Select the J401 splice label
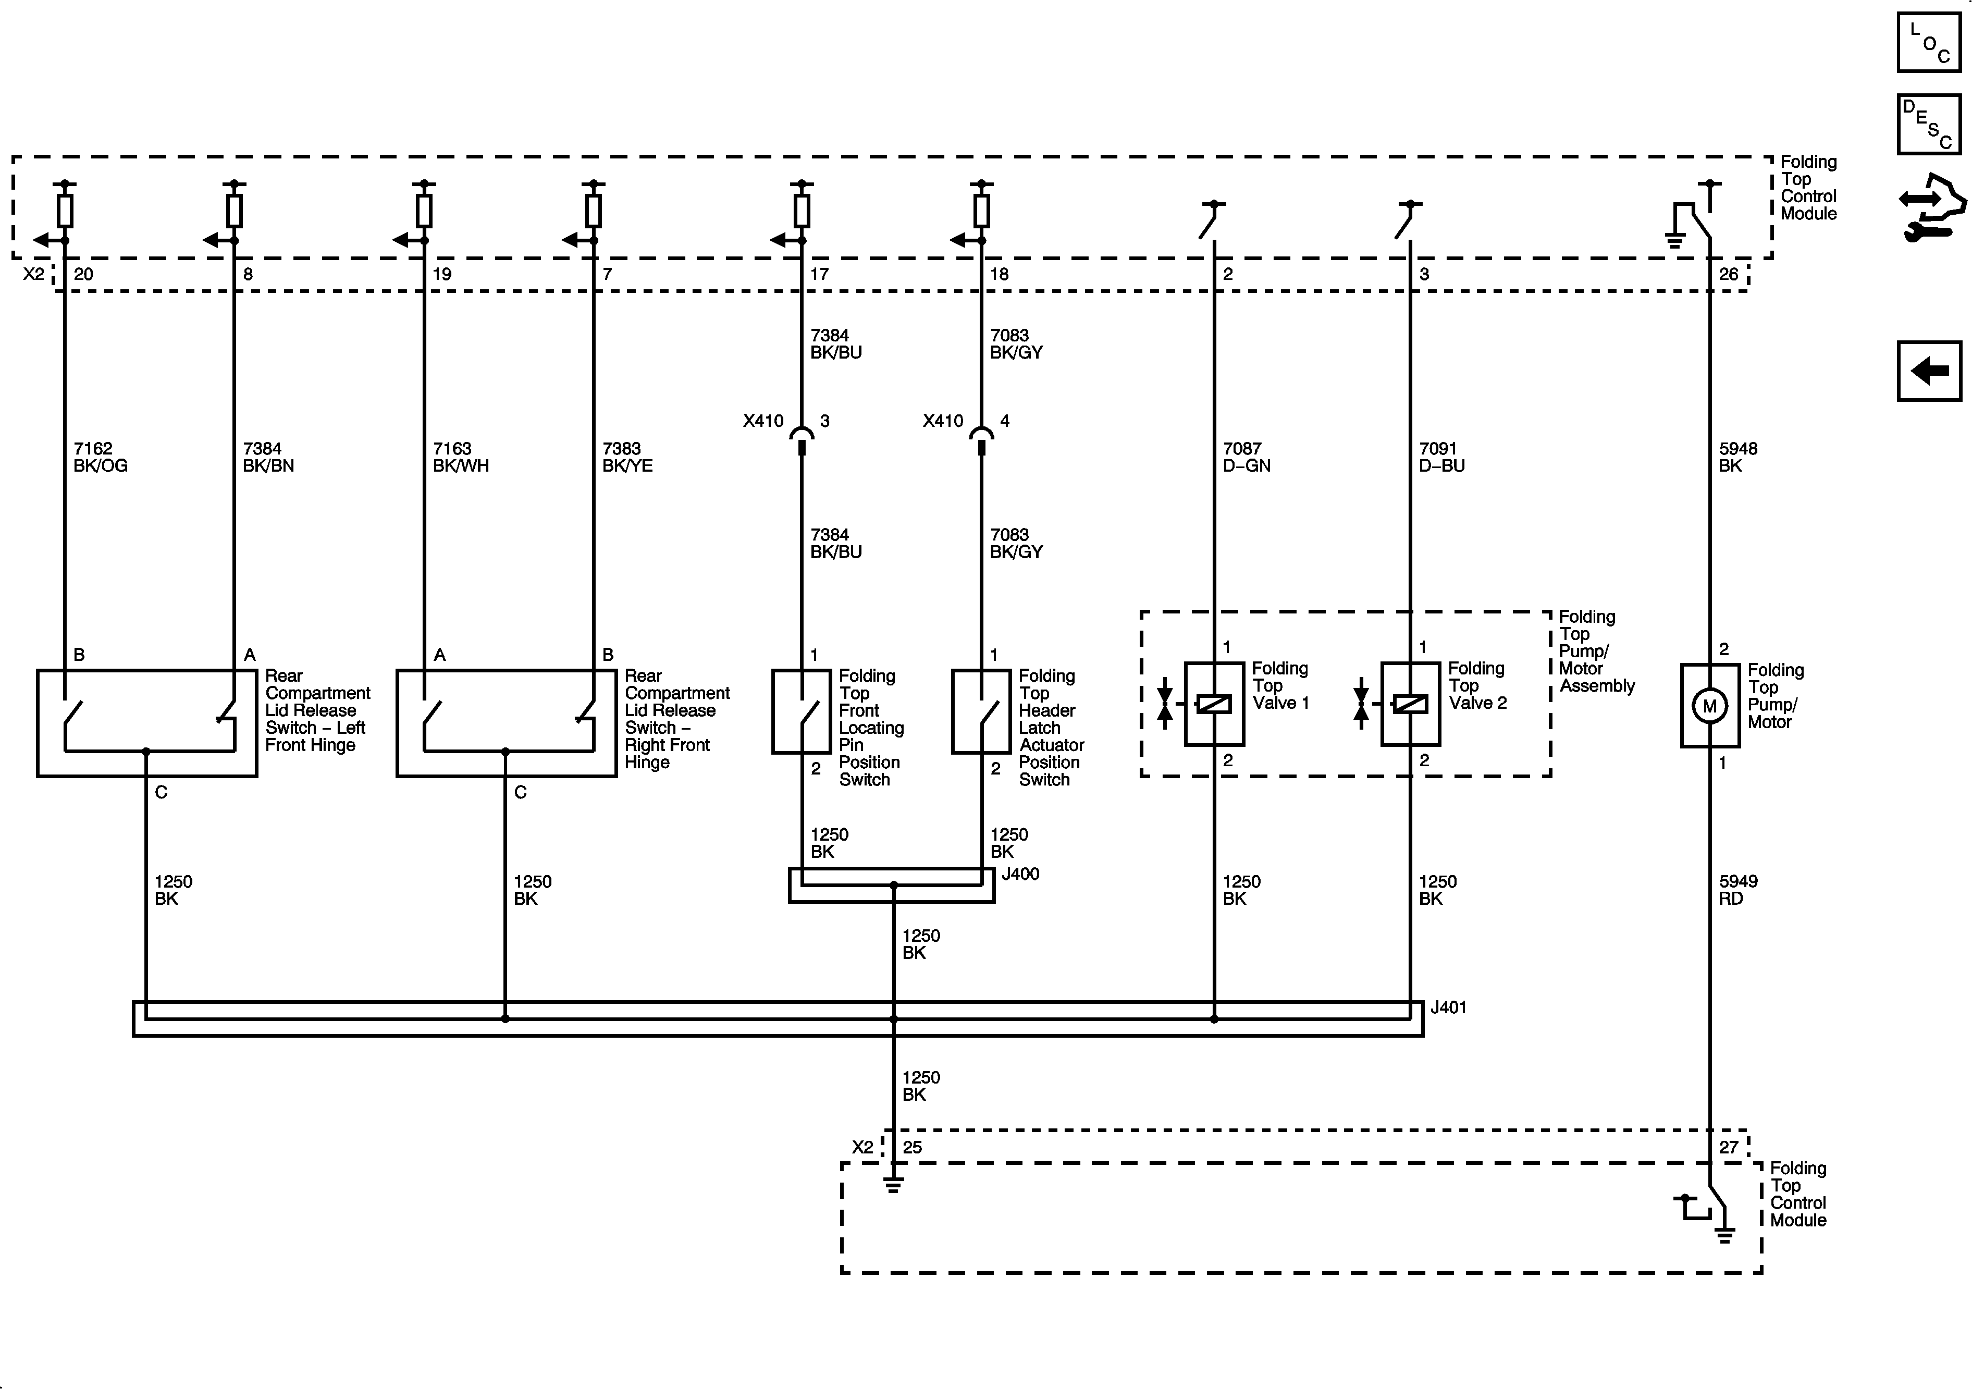tap(1448, 1007)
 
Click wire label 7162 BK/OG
tap(100, 457)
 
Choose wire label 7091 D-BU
tap(1441, 457)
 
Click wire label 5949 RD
tap(1737, 890)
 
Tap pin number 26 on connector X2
tap(1728, 274)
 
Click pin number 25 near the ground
tap(912, 1147)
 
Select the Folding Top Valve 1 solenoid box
tap(1214, 704)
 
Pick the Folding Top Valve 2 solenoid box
tap(1410, 704)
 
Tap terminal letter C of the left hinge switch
tap(161, 792)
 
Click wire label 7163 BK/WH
tap(460, 457)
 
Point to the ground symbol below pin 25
tap(893, 1185)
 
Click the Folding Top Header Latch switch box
tap(981, 711)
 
